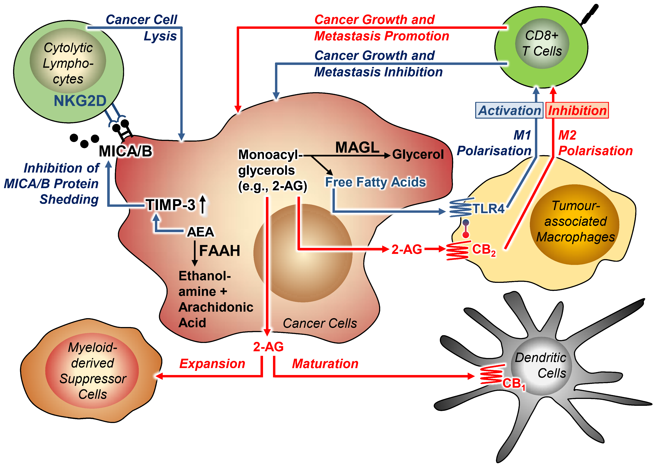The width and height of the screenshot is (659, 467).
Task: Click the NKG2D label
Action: [x=80, y=101]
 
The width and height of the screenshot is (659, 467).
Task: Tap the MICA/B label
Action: [x=125, y=151]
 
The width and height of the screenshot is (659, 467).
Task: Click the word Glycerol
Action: [x=418, y=154]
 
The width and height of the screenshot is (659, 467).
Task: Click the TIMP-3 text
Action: [x=171, y=205]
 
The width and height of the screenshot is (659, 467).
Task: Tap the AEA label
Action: [x=200, y=232]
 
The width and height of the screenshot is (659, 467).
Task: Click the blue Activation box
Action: [x=509, y=110]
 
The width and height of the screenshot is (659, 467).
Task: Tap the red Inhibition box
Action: [x=577, y=110]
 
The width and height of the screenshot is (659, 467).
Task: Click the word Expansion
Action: [x=212, y=364]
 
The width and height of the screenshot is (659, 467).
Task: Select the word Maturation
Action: [x=325, y=364]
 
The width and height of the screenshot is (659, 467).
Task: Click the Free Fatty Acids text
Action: [x=375, y=182]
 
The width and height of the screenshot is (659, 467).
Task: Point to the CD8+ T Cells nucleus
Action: [x=542, y=44]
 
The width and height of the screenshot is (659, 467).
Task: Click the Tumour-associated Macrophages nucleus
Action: [x=575, y=224]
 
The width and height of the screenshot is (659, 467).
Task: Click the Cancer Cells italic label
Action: [x=320, y=323]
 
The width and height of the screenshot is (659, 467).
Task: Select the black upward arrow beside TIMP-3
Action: [x=203, y=204]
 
